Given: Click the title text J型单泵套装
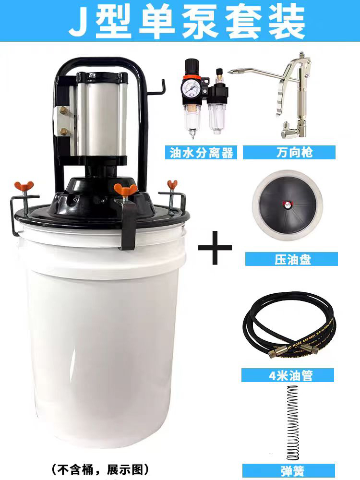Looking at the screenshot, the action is pyautogui.click(x=187, y=21).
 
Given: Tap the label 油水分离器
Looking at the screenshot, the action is pyautogui.click(x=201, y=153).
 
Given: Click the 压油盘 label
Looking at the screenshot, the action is pyautogui.click(x=292, y=259).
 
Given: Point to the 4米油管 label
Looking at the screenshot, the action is pyautogui.click(x=290, y=375).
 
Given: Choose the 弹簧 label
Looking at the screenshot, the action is pyautogui.click(x=292, y=471).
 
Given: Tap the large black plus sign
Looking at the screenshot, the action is pyautogui.click(x=215, y=247).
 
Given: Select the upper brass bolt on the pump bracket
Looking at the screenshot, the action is pyautogui.click(x=64, y=109).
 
